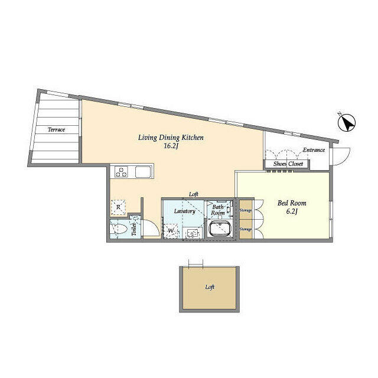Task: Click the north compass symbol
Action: (x=347, y=123)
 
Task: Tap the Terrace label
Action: (x=56, y=130)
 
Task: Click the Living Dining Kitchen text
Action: (x=171, y=138)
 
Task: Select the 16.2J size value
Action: (x=171, y=146)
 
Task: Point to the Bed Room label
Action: (x=292, y=203)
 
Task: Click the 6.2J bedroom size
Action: (x=292, y=211)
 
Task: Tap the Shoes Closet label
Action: (x=288, y=164)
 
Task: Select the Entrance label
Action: (x=314, y=150)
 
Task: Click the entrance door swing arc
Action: (x=345, y=159)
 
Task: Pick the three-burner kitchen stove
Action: (x=121, y=172)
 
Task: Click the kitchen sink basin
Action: (x=143, y=172)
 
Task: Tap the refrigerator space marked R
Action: (x=118, y=207)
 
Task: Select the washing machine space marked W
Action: (x=171, y=231)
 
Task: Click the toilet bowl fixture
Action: (x=119, y=229)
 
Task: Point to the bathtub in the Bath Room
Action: (x=220, y=229)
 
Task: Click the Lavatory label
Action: (x=184, y=211)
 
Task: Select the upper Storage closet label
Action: (x=246, y=210)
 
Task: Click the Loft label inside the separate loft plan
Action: (x=210, y=287)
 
